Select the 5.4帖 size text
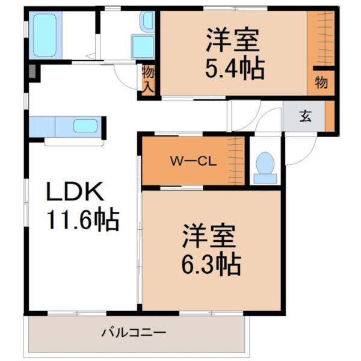tap(235, 69)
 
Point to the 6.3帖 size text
tap(212, 262)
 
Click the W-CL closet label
tap(188, 161)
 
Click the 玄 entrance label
tap(306, 116)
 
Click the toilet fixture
tap(264, 166)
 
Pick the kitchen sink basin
tap(85, 126)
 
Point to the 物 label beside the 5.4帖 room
tap(321, 83)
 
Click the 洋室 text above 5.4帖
tap(233, 40)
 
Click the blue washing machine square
tap(143, 46)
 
